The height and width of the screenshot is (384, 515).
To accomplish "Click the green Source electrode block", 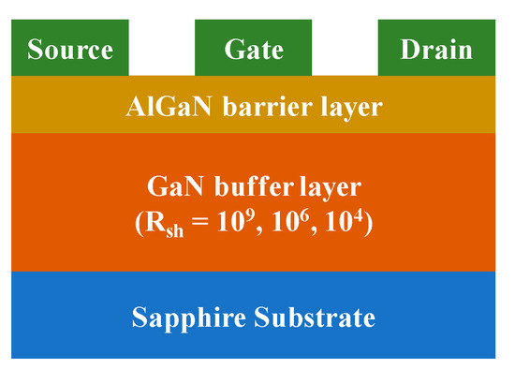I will [x=70, y=49].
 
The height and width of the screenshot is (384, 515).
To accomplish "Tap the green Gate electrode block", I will [x=253, y=49].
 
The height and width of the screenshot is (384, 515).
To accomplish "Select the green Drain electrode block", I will [x=436, y=49].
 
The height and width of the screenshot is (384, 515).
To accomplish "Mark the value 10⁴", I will [x=346, y=225].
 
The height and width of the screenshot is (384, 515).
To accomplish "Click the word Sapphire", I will [x=192, y=318].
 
